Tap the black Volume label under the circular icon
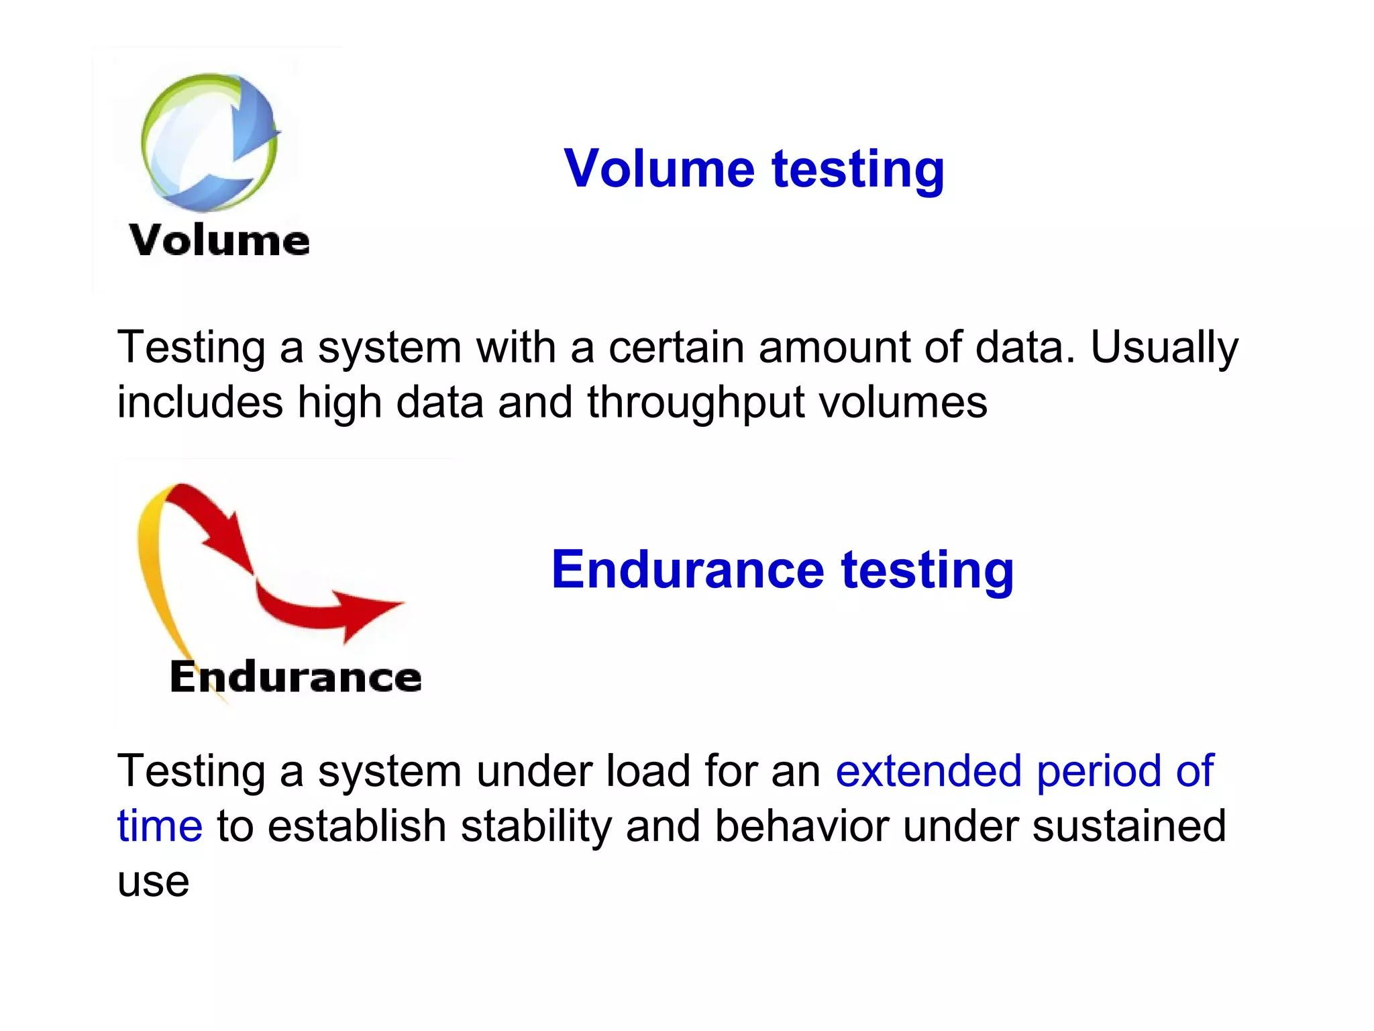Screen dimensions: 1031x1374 219,240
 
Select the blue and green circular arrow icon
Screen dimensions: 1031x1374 209,141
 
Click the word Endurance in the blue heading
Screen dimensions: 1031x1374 688,569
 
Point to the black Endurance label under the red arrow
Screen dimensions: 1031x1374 295,677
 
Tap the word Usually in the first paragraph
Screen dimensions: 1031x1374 1164,348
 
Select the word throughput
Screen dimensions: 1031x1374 695,403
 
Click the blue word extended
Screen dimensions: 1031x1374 928,771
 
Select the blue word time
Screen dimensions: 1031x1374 160,826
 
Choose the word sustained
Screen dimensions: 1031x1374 1128,826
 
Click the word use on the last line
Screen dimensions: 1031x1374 153,882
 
